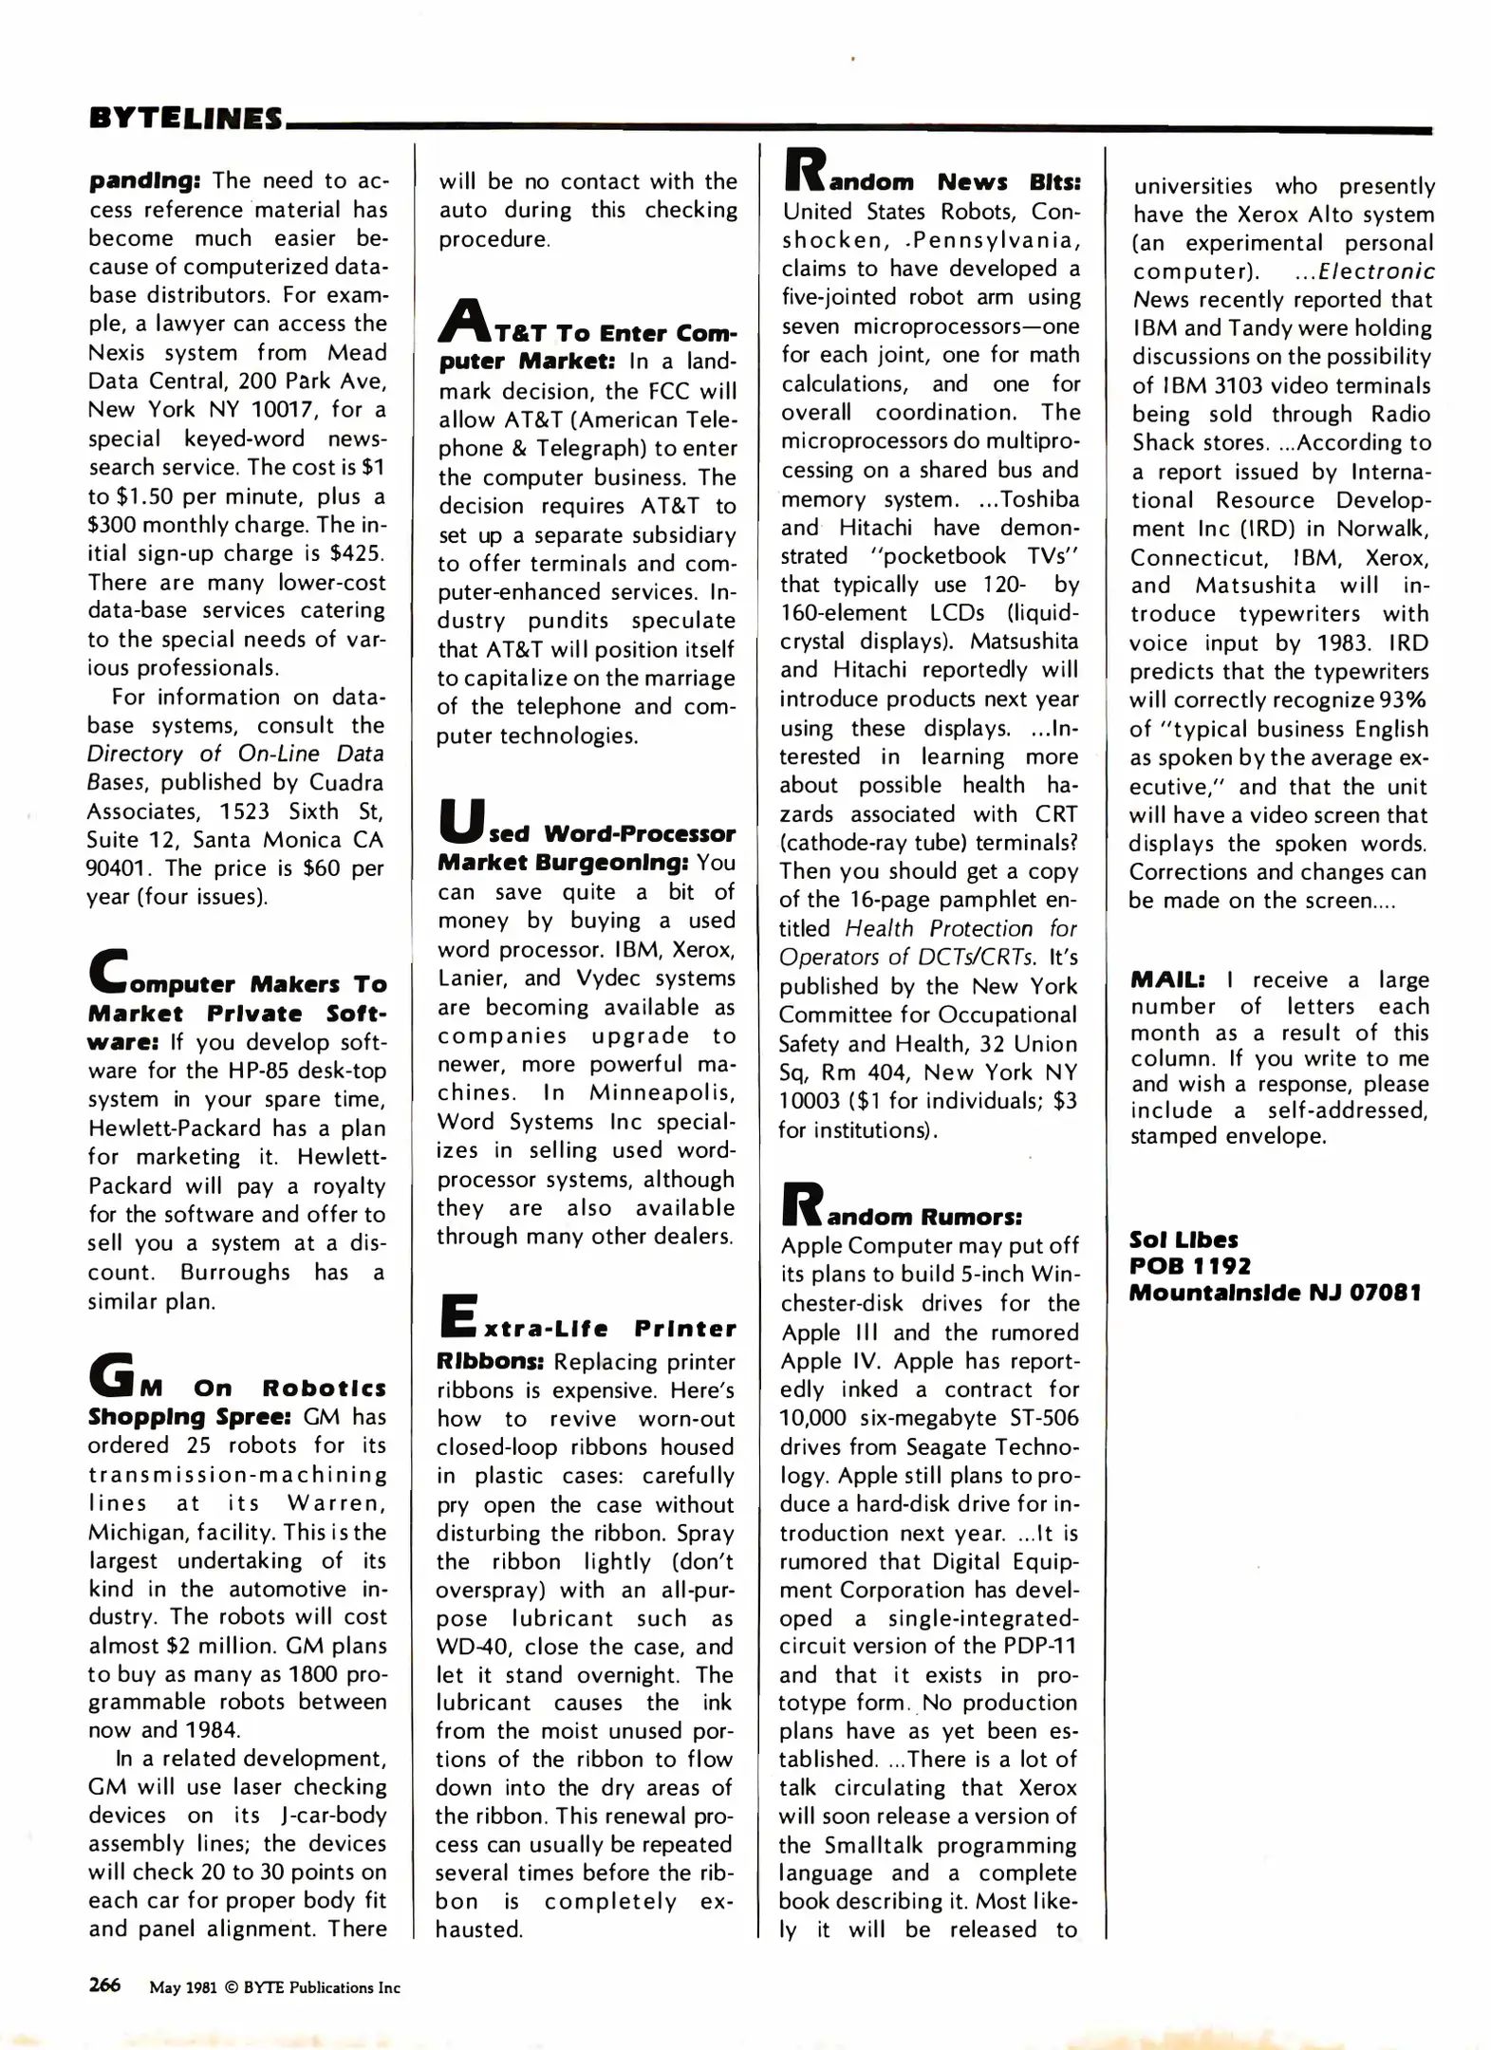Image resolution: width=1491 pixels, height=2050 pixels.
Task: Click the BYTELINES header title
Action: coord(186,118)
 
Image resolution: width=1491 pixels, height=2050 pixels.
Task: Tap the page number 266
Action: coord(104,1985)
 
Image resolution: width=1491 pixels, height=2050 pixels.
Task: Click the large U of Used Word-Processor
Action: coord(460,822)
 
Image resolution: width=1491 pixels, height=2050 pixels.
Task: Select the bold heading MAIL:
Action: coord(1167,979)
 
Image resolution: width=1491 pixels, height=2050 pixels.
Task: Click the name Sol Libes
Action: coord(1183,1239)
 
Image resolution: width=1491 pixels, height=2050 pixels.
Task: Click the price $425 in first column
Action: coord(355,553)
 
